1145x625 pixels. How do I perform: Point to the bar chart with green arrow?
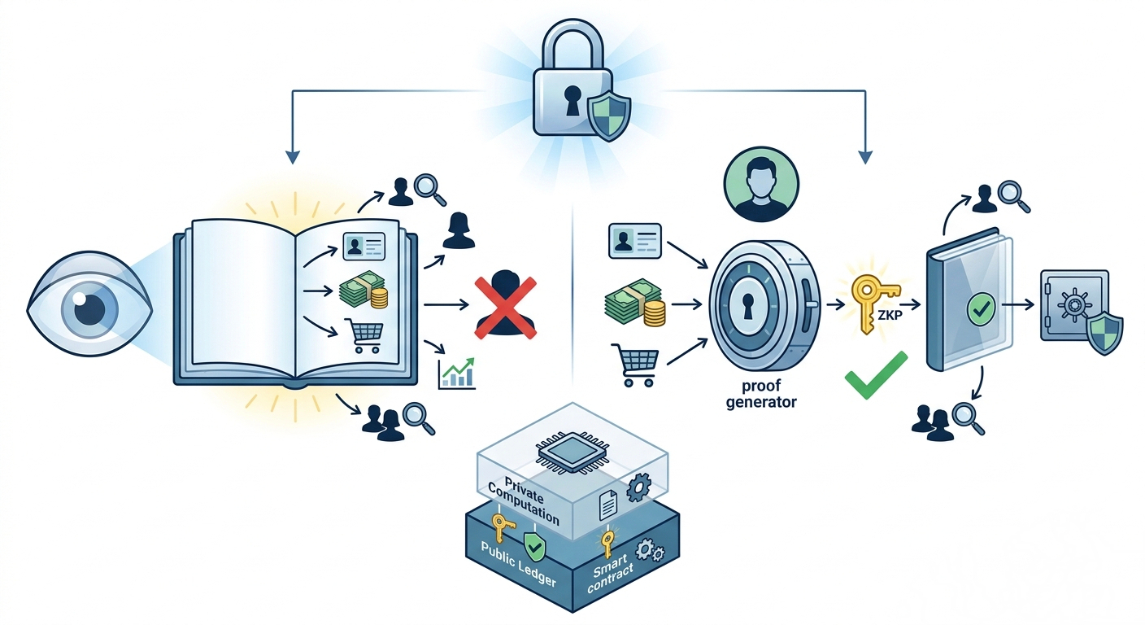coord(456,374)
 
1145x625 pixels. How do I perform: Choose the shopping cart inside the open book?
coord(364,334)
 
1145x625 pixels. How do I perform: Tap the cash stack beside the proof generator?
coord(635,304)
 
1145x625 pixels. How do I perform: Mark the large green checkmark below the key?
coord(876,375)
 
